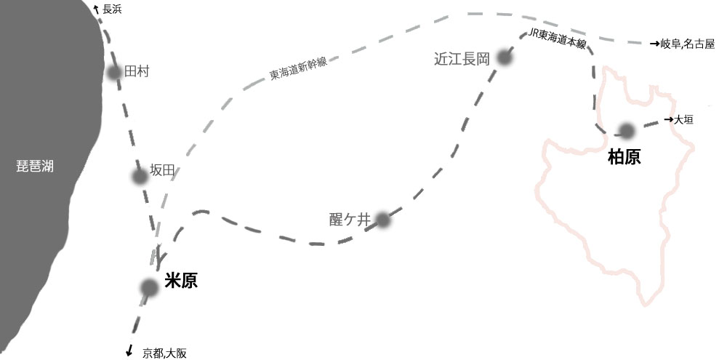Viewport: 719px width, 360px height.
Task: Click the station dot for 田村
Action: click(x=113, y=73)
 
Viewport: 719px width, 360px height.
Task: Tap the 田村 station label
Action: click(x=137, y=71)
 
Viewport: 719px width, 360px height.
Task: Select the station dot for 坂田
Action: click(x=140, y=176)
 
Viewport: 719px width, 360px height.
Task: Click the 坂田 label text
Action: click(x=163, y=171)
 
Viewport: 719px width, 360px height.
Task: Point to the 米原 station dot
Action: click(x=149, y=288)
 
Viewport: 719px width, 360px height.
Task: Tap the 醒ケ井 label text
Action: click(x=350, y=218)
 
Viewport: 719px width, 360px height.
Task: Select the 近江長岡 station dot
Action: click(x=504, y=60)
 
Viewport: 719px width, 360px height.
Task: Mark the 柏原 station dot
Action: click(x=625, y=131)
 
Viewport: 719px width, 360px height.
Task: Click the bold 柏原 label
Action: click(x=624, y=157)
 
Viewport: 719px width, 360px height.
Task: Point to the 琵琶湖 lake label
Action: click(x=35, y=166)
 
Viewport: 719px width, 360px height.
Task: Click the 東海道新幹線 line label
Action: click(x=298, y=68)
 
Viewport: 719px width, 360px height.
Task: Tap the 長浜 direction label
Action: click(x=111, y=9)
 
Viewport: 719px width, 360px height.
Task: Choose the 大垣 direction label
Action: click(x=683, y=119)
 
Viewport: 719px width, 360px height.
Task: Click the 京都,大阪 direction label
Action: click(x=165, y=353)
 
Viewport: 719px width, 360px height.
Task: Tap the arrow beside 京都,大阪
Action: click(x=129, y=351)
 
